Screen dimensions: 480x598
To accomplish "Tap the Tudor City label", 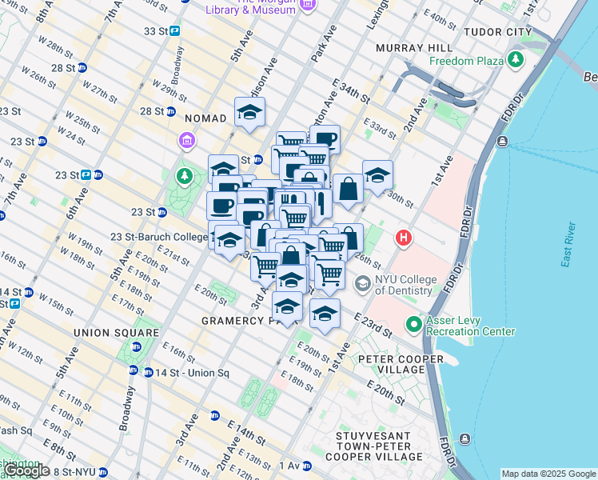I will tap(498, 32).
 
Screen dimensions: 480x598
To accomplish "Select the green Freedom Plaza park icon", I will tap(516, 60).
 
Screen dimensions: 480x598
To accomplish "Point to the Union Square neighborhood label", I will tap(116, 332).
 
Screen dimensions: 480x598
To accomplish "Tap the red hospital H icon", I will tap(405, 238).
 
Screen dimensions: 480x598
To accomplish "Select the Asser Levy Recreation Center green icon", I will tap(413, 325).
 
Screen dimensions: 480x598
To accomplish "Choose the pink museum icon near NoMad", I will tap(186, 142).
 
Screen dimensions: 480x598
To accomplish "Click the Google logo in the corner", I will tap(26, 470).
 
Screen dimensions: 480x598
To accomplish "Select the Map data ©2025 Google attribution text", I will tap(548, 474).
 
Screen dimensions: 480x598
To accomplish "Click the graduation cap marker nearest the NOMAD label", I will tap(249, 113).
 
